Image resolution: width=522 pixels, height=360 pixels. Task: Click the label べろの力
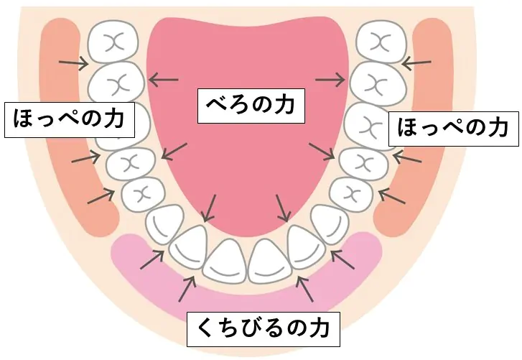(x=251, y=106)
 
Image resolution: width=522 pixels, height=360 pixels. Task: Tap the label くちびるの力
(x=263, y=329)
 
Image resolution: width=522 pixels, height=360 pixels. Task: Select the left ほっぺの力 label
(x=69, y=119)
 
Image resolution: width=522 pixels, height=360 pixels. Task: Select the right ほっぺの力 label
(x=453, y=129)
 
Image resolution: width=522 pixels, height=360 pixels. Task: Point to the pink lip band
(x=246, y=293)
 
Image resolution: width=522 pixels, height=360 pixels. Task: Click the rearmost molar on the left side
(x=113, y=42)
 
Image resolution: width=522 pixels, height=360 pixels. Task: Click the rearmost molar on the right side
(x=381, y=42)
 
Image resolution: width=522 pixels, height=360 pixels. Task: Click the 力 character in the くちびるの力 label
(x=318, y=328)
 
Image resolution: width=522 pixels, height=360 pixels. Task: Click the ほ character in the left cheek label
(x=24, y=119)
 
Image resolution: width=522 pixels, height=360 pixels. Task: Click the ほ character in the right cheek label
(x=409, y=128)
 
